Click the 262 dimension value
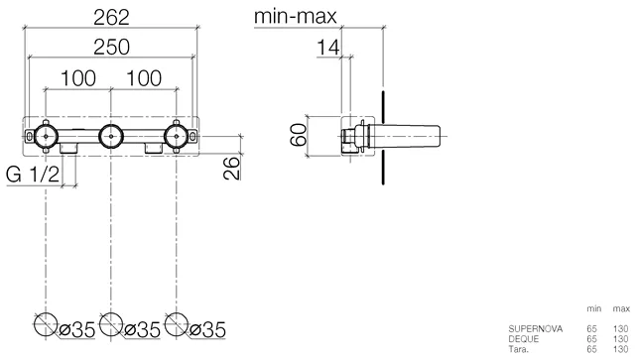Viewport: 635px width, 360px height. click(x=111, y=18)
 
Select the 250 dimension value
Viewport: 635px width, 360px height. click(x=111, y=47)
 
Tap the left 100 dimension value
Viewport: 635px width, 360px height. click(x=78, y=78)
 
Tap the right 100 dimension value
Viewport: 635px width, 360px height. click(x=144, y=78)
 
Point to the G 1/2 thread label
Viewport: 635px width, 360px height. click(x=33, y=175)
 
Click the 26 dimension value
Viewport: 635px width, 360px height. click(x=231, y=168)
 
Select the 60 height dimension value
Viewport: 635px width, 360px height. click(x=299, y=135)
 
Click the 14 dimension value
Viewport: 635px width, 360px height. click(x=328, y=48)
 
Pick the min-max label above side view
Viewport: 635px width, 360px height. click(x=296, y=17)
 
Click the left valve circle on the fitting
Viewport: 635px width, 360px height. click(x=35, y=136)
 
